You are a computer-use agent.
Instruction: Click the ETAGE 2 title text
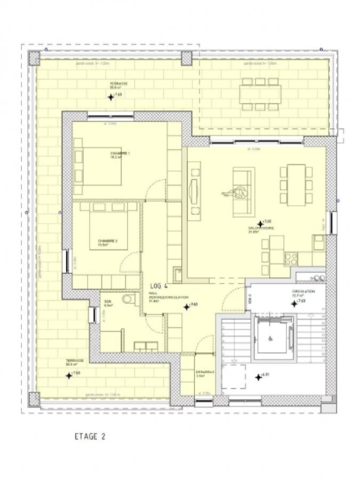pos(90,436)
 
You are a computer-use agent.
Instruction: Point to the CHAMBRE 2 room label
pos(107,242)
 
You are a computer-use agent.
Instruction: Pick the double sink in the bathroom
pos(145,346)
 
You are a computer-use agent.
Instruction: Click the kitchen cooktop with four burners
pos(291,259)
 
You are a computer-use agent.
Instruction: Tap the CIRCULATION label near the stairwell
pos(303,293)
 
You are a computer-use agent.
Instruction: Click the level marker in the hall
pos(187,307)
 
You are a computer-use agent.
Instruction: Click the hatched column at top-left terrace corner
pos(34,58)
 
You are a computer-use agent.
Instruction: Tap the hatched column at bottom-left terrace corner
pos(34,398)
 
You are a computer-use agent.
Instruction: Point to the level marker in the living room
pos(260,224)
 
